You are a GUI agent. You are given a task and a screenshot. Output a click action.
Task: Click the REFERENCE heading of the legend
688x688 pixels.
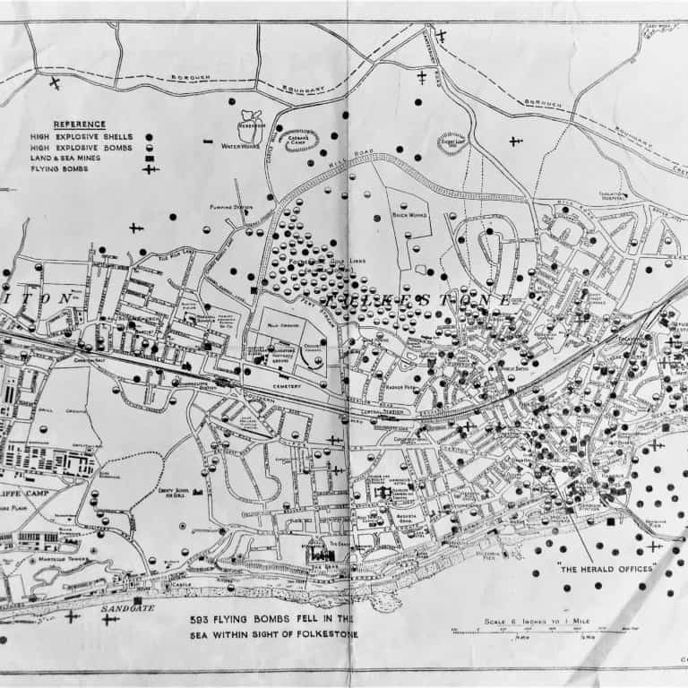pos(80,124)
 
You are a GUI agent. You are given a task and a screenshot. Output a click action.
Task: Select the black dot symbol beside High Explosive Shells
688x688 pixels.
pos(149,135)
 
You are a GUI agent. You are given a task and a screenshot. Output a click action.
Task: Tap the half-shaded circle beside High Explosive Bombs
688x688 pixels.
pos(149,147)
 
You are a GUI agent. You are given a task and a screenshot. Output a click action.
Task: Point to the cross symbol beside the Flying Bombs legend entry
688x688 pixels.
pos(149,169)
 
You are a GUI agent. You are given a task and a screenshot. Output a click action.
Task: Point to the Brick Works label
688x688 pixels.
pos(411,216)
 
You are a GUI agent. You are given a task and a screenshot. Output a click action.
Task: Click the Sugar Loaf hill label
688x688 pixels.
pos(453,141)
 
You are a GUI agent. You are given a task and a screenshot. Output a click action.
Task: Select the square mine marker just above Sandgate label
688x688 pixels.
pos(137,600)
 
